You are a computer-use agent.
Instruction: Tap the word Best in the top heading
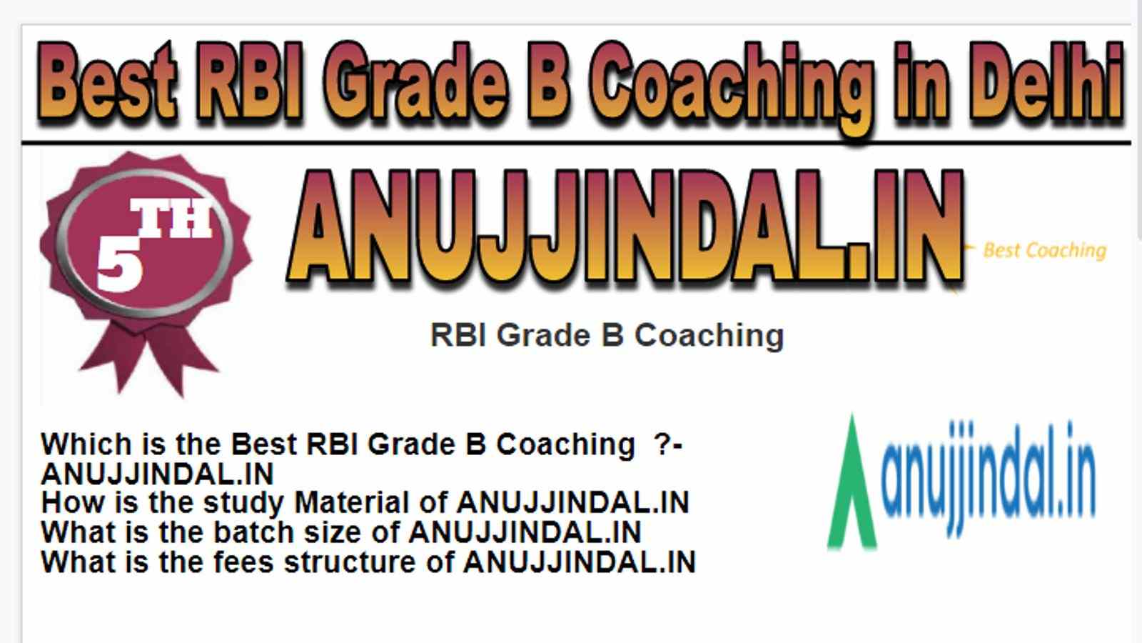pos(107,84)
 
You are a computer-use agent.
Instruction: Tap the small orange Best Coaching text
pos(1045,251)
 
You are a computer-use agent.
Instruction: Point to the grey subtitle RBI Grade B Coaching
pos(607,336)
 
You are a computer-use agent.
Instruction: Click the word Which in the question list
pos(86,444)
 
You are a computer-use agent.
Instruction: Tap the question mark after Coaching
pos(662,444)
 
